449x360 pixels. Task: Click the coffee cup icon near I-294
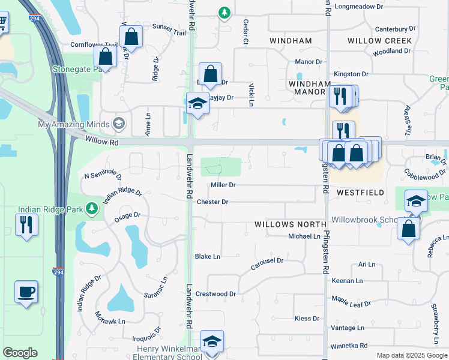26,292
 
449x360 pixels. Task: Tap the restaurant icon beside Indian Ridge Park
26,224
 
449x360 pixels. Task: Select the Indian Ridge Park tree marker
92,209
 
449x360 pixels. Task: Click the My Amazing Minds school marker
119,124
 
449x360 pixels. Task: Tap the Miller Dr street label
223,185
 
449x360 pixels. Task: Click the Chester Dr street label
212,202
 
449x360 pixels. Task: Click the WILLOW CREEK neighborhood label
379,41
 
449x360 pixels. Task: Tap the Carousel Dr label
267,261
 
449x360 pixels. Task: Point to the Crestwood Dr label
216,294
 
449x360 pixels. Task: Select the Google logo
20,353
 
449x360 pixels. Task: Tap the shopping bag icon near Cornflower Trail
131,37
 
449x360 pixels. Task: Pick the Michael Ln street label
304,236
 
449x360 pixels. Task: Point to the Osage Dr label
128,215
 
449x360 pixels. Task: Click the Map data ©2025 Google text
412,355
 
